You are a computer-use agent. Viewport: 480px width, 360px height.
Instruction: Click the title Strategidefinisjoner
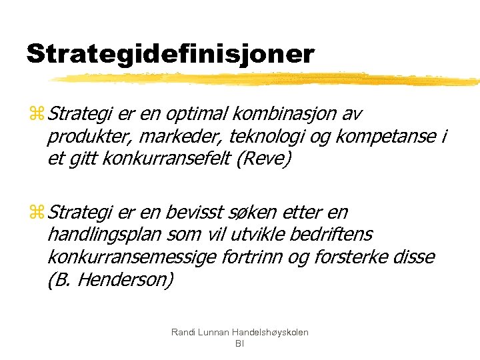point(169,54)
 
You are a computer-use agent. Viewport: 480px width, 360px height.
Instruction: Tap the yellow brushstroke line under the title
point(267,79)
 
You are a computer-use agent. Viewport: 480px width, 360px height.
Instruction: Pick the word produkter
point(86,137)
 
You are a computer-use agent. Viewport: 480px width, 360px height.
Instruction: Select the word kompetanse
point(383,137)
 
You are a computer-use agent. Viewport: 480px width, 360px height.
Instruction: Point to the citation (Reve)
point(269,160)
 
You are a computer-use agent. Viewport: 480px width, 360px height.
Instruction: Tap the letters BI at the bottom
point(240,344)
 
